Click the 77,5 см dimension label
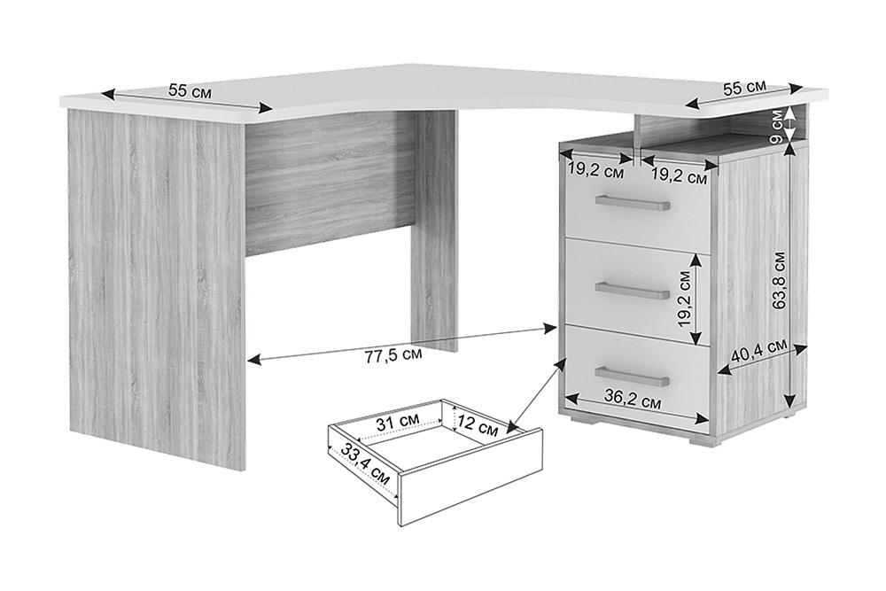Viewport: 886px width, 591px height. (392, 354)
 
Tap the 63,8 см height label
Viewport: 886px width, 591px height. (780, 280)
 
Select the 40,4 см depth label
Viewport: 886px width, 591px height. (759, 351)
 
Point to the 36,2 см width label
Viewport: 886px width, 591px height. (633, 399)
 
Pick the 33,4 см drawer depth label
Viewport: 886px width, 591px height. (365, 464)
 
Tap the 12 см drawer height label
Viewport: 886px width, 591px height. (478, 425)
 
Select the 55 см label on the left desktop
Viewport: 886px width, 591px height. (190, 90)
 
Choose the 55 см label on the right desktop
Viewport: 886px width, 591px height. (745, 87)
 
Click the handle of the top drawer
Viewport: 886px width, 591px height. (633, 203)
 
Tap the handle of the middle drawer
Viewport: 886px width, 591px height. (632, 291)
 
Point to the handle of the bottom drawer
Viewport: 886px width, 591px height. (632, 377)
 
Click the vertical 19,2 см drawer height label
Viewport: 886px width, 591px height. (684, 299)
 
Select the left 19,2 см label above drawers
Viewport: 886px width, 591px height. (596, 171)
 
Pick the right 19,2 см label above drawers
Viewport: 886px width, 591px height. (680, 176)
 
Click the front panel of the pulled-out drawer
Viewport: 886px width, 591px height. (470, 478)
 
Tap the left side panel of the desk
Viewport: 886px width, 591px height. (157, 288)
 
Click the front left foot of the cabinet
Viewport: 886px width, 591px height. (584, 421)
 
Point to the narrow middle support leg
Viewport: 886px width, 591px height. (434, 230)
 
